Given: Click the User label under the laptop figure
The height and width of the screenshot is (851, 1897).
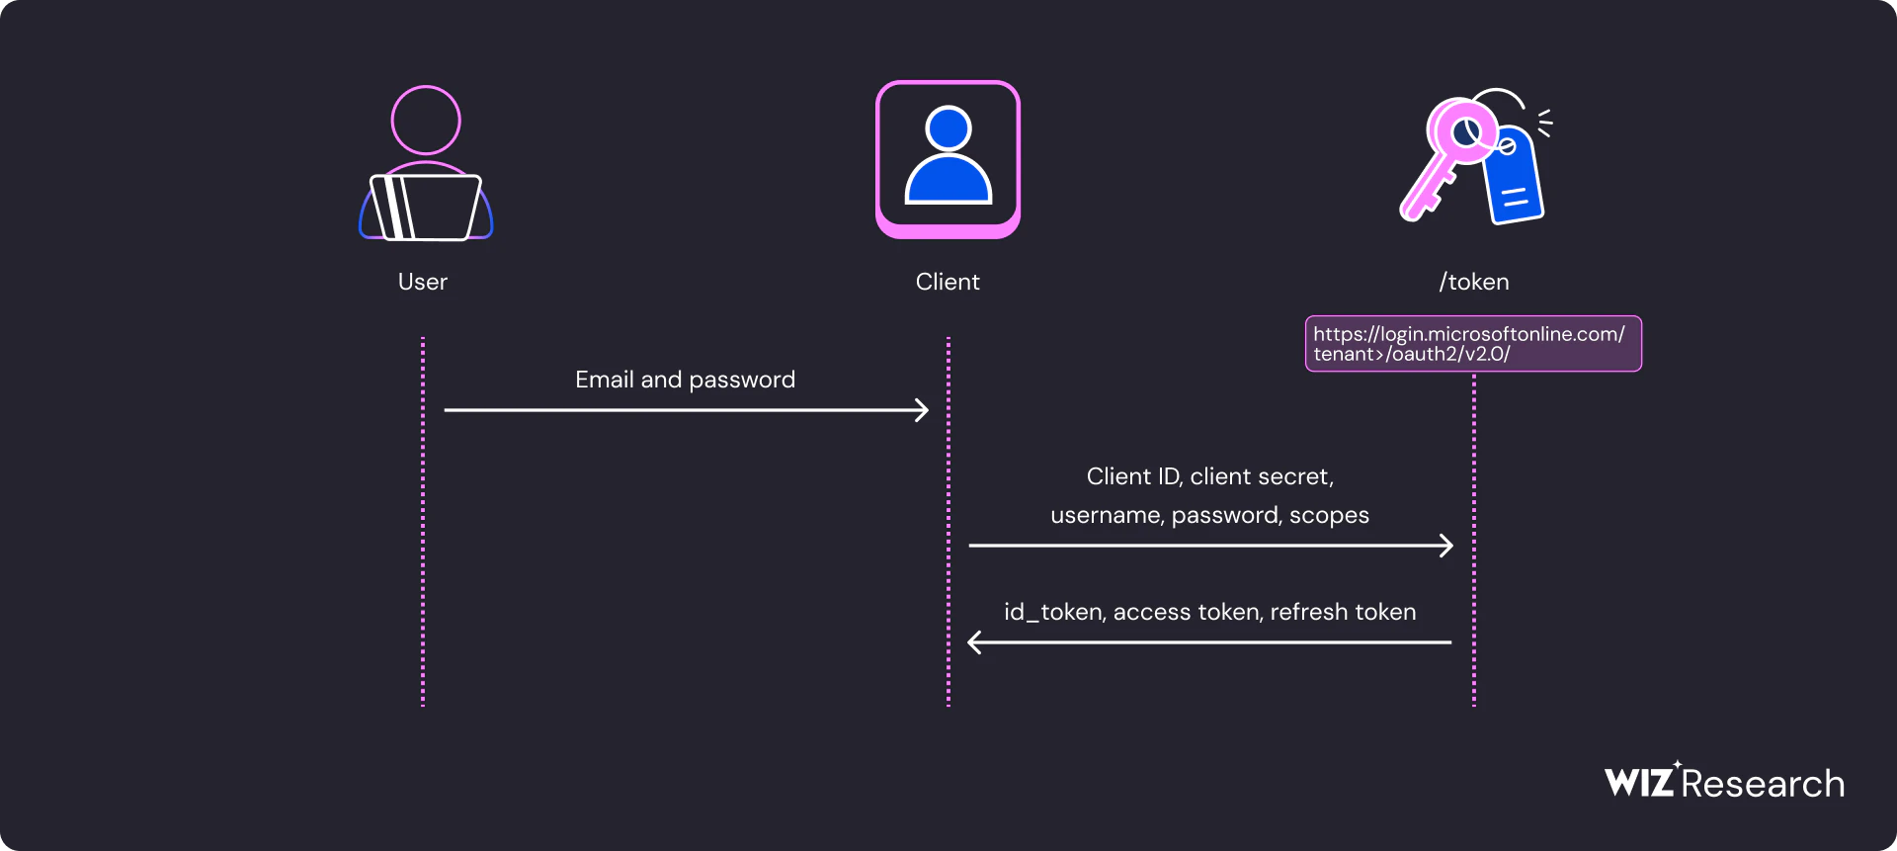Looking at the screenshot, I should [422, 282].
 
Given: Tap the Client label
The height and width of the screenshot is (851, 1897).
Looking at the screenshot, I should [948, 282].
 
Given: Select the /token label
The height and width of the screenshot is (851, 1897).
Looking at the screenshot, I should [1473, 282].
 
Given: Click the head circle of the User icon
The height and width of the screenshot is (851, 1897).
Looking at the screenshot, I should [426, 121].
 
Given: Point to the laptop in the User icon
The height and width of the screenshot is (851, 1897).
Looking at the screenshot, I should [426, 208].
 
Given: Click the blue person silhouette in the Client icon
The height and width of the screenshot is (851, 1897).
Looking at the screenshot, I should [948, 158].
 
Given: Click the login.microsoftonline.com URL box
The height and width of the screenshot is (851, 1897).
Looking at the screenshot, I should [1472, 344].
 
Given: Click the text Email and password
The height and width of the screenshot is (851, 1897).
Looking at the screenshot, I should [685, 380].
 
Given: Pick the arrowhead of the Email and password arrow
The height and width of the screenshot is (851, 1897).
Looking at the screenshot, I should [922, 410].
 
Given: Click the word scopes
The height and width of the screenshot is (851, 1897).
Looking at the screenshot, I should [1329, 515].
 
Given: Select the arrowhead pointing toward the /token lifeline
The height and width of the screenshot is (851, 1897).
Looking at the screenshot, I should [1446, 546].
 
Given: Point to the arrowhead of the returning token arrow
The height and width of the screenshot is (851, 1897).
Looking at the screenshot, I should [975, 642].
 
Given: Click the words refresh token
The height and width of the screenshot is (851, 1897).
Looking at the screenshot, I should [1343, 613].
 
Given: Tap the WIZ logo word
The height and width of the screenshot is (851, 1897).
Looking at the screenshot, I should [1639, 783].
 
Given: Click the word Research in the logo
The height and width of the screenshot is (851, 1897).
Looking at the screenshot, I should [1763, 784].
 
